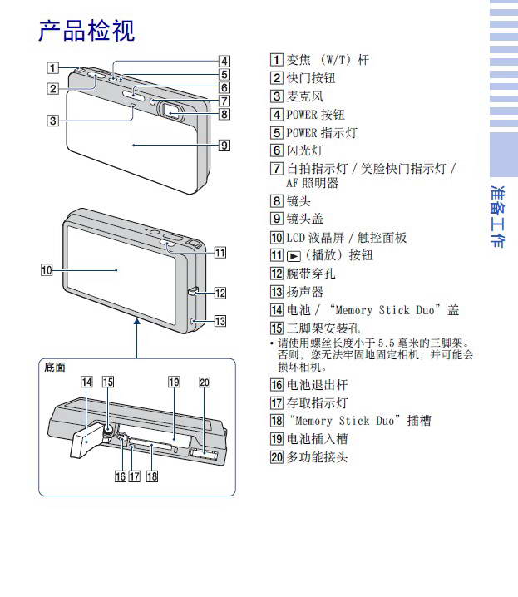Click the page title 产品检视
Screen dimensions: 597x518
click(86, 31)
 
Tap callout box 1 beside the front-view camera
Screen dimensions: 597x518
click(52, 69)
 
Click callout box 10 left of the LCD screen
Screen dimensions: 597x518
click(47, 269)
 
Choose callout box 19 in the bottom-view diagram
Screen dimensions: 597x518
click(173, 382)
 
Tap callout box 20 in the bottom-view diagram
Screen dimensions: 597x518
click(205, 382)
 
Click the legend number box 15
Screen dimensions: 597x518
click(277, 328)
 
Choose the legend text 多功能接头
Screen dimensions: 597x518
click(317, 456)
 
